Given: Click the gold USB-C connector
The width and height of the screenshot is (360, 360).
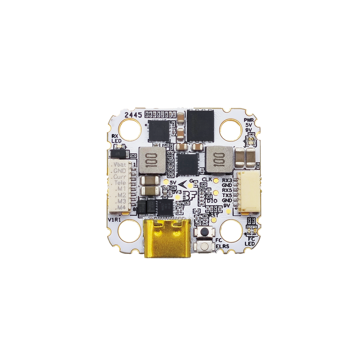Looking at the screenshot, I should pyautogui.click(x=168, y=239).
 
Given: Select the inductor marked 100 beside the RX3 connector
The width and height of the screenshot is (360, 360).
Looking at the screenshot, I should pyautogui.click(x=219, y=159).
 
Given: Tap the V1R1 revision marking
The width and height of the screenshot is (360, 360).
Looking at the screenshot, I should pyautogui.click(x=114, y=221).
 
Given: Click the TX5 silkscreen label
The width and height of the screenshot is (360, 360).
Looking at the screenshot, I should pyautogui.click(x=227, y=195).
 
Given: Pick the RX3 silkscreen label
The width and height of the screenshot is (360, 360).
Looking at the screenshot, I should pyautogui.click(x=227, y=180).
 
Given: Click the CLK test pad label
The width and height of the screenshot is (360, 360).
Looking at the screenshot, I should pyautogui.click(x=206, y=179).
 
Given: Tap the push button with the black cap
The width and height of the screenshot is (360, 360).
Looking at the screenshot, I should pyautogui.click(x=204, y=232).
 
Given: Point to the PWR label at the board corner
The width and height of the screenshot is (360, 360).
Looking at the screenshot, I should pyautogui.click(x=249, y=119).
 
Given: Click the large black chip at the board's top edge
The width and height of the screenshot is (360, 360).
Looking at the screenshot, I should pyautogui.click(x=201, y=125).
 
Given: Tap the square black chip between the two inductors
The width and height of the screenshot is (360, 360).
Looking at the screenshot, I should pyautogui.click(x=188, y=164).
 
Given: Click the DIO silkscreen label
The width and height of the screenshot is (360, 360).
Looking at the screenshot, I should pyautogui.click(x=211, y=201).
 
